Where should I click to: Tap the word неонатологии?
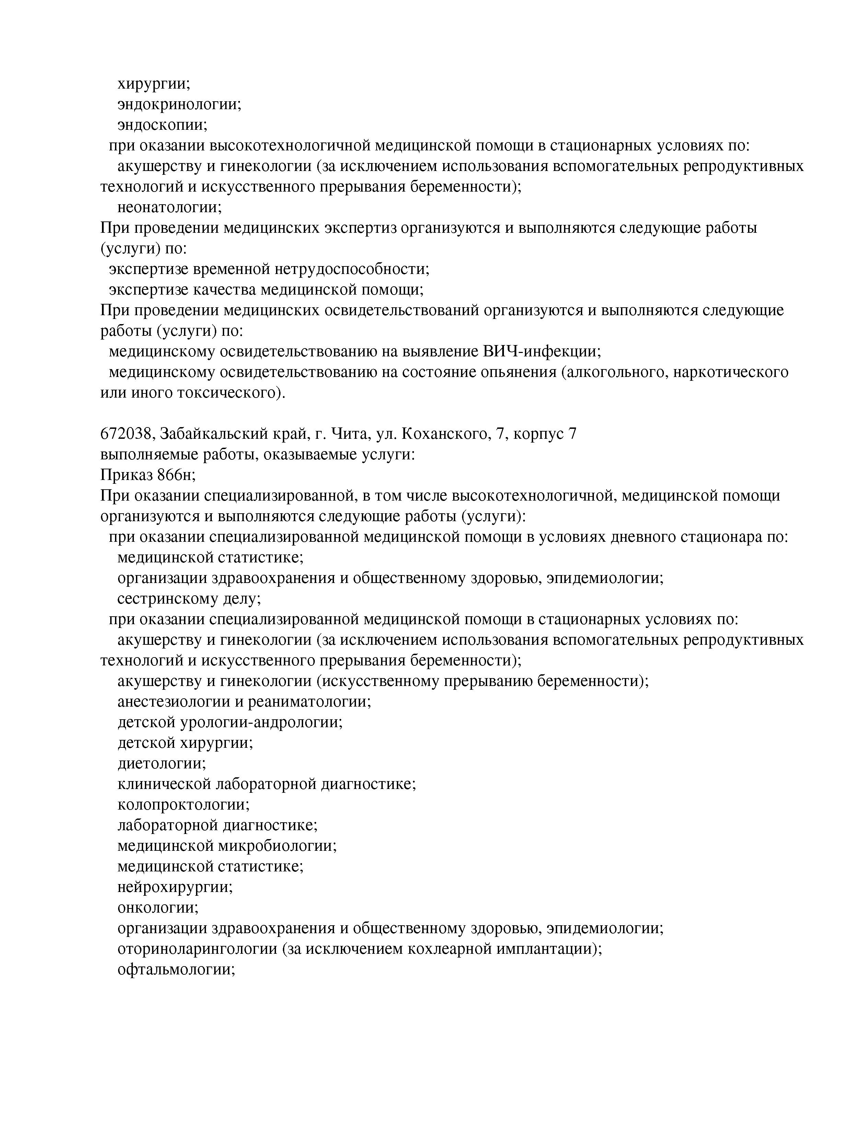pyautogui.click(x=169, y=207)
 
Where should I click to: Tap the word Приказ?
pyautogui.click(x=126, y=475)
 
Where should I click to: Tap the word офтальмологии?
pyautogui.click(x=176, y=969)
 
